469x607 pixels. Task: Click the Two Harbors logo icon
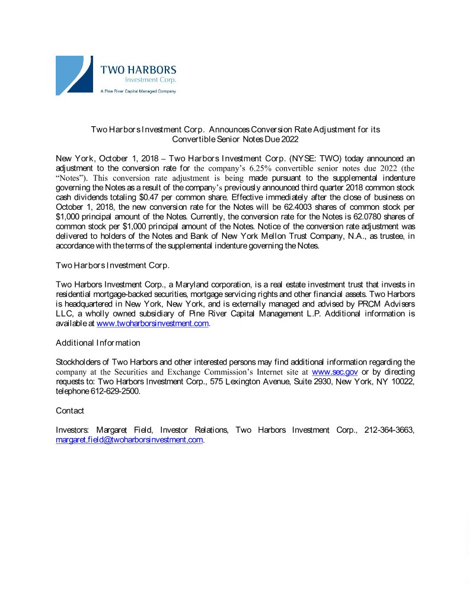(x=74, y=75)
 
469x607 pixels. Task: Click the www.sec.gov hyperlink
(x=334, y=372)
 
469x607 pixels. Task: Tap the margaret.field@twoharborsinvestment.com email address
(x=129, y=440)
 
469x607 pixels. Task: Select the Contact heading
(x=70, y=411)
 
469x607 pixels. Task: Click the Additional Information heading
(x=98, y=343)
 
